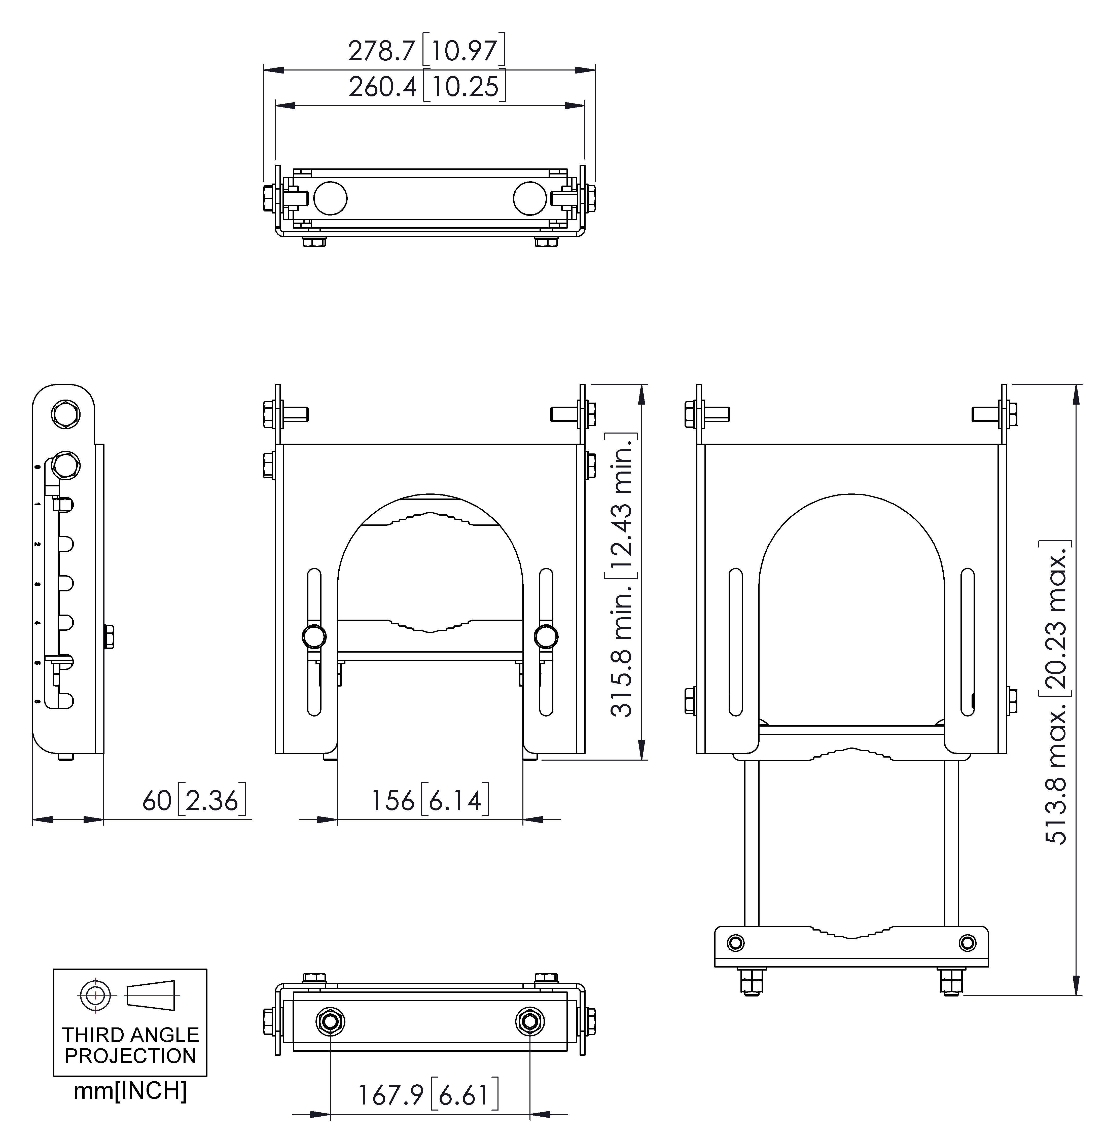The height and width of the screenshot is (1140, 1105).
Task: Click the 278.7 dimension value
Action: click(381, 51)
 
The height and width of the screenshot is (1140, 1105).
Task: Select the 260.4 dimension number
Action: click(382, 87)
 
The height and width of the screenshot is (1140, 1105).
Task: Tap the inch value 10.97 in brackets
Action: click(464, 51)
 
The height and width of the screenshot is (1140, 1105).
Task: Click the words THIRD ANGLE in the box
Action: click(130, 1035)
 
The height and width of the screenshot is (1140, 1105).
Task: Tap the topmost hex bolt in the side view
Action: click(66, 414)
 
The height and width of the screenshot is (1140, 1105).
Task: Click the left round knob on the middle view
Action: click(314, 636)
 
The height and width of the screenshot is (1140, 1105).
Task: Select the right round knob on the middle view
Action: click(546, 636)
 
